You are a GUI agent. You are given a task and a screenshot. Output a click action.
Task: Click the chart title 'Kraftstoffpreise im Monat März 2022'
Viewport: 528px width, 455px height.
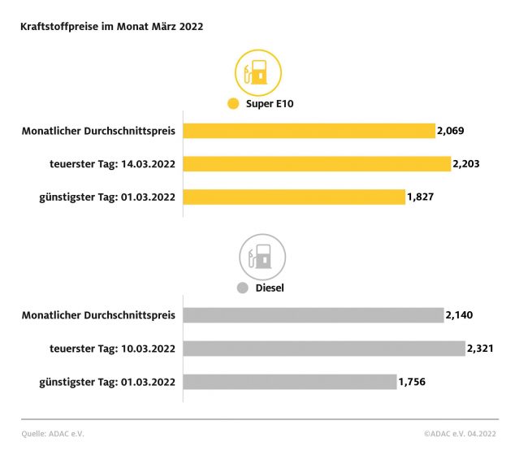click(111, 26)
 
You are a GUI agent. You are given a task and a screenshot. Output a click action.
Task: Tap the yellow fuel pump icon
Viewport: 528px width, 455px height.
click(258, 72)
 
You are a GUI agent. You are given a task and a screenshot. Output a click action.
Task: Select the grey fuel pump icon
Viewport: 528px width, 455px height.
click(261, 258)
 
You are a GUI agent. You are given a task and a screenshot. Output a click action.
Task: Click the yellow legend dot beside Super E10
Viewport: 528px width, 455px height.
click(234, 104)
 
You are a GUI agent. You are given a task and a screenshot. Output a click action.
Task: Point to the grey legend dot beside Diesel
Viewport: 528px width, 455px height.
click(242, 288)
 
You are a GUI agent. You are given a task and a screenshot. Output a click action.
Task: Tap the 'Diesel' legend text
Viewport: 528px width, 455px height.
click(270, 288)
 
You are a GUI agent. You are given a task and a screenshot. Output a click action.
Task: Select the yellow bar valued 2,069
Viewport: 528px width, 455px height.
click(309, 131)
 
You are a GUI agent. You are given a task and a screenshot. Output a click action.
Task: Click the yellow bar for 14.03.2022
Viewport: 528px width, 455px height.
click(316, 164)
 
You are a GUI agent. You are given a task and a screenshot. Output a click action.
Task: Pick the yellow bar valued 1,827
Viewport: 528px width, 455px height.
click(293, 197)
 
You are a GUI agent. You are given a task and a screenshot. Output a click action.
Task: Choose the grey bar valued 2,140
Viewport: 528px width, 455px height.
click(313, 315)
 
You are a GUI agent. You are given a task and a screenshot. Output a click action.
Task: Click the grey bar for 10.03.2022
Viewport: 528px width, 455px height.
click(323, 349)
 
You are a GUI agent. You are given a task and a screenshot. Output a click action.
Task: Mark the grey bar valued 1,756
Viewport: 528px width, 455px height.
click(289, 382)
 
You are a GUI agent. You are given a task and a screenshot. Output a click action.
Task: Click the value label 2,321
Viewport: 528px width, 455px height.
click(480, 349)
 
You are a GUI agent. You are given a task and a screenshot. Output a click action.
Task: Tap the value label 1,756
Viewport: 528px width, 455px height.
click(412, 382)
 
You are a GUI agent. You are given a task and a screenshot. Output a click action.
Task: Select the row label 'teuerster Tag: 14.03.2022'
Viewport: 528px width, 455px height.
click(111, 164)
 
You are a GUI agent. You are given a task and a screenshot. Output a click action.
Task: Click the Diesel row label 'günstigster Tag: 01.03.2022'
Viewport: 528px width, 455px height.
click(107, 382)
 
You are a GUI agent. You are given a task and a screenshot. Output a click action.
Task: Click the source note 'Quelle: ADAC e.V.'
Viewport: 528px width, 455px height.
click(52, 434)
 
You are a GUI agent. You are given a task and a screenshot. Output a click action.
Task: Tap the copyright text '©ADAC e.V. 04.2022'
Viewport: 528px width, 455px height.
click(461, 434)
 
